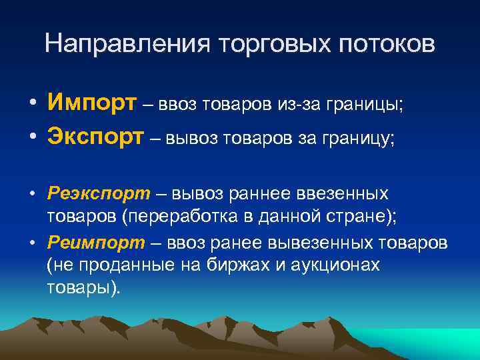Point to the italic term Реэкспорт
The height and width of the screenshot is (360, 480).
pyautogui.click(x=99, y=193)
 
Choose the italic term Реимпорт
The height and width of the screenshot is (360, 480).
pyautogui.click(x=98, y=243)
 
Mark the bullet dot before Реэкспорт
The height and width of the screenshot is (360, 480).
pyautogui.click(x=32, y=195)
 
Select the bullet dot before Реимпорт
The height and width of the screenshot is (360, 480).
pyautogui.click(x=32, y=244)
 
